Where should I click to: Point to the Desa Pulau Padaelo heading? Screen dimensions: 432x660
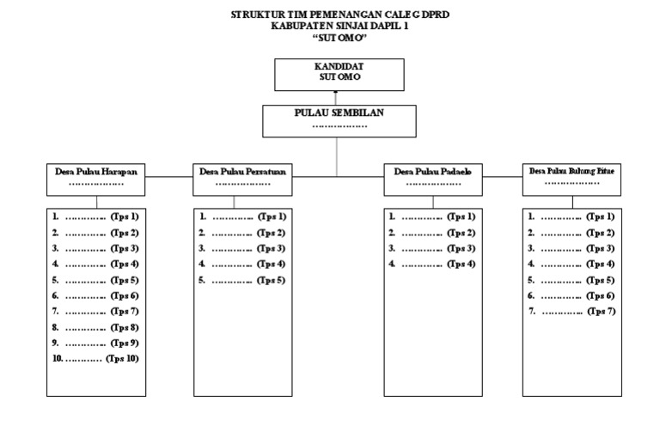(433, 172)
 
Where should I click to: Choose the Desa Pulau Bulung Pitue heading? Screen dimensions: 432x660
(571, 172)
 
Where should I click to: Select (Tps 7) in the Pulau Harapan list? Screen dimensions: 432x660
(125, 311)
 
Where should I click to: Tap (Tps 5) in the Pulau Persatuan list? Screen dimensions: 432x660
(272, 280)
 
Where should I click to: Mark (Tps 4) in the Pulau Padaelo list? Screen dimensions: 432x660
(460, 265)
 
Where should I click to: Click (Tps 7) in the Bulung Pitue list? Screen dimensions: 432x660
(599, 311)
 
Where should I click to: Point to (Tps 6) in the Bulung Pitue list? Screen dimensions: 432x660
(599, 295)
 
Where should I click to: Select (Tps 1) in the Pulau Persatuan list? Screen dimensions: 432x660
(272, 217)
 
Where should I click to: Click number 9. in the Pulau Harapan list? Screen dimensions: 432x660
(56, 343)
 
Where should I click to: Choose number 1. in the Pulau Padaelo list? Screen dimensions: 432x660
(392, 217)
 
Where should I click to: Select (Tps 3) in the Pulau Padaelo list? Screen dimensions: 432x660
(460, 248)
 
